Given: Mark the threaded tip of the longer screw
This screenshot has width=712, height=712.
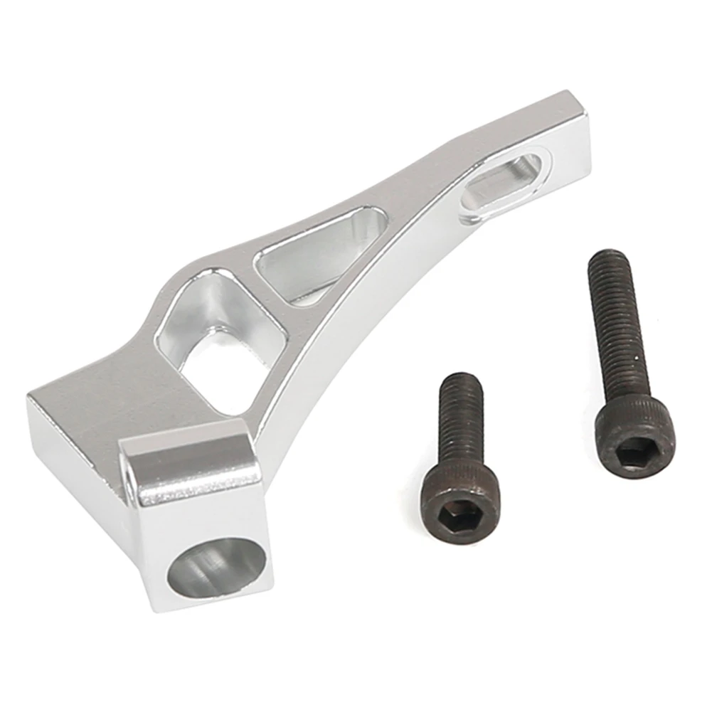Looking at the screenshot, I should pyautogui.click(x=608, y=257).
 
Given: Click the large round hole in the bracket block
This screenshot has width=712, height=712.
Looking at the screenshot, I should pyautogui.click(x=219, y=568).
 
